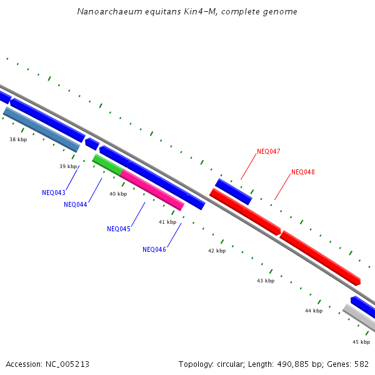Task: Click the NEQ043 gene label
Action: [54, 192]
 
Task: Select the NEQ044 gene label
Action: [75, 204]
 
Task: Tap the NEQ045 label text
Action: [119, 229]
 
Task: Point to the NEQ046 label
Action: [154, 249]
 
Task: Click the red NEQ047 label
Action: [269, 152]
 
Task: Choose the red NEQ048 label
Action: [303, 172]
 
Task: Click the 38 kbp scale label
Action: [18, 139]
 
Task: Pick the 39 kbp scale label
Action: [68, 166]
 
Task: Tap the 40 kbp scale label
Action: [118, 194]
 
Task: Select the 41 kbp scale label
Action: [167, 222]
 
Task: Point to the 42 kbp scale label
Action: [217, 251]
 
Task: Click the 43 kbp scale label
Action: [266, 281]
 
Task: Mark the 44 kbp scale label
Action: [314, 311]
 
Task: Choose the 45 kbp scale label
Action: [361, 342]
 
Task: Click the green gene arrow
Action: [107, 164]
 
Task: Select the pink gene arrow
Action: [152, 190]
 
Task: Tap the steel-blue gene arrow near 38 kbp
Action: [42, 129]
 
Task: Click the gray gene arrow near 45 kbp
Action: [359, 319]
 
